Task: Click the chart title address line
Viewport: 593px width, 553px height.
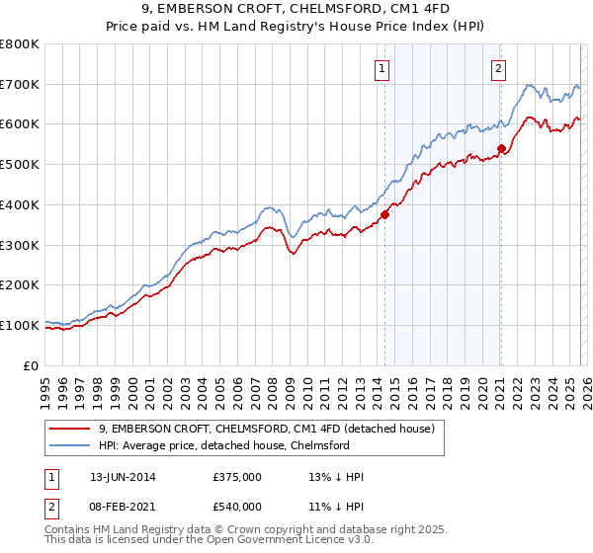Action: click(x=296, y=9)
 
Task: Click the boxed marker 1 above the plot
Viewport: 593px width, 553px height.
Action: click(x=381, y=68)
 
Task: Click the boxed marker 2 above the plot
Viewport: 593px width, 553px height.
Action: click(x=498, y=68)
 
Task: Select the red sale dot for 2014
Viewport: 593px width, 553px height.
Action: click(x=385, y=214)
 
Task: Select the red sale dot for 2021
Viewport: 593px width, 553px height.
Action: click(x=501, y=148)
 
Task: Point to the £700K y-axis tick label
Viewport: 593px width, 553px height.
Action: click(x=20, y=85)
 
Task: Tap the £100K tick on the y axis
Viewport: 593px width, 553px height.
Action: click(x=20, y=325)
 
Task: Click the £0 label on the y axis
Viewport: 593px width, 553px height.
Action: click(x=31, y=365)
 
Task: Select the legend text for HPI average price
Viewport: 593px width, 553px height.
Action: click(x=224, y=445)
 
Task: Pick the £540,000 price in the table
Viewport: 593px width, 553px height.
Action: click(x=236, y=506)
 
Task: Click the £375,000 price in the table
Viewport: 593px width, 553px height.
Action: click(x=236, y=476)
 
